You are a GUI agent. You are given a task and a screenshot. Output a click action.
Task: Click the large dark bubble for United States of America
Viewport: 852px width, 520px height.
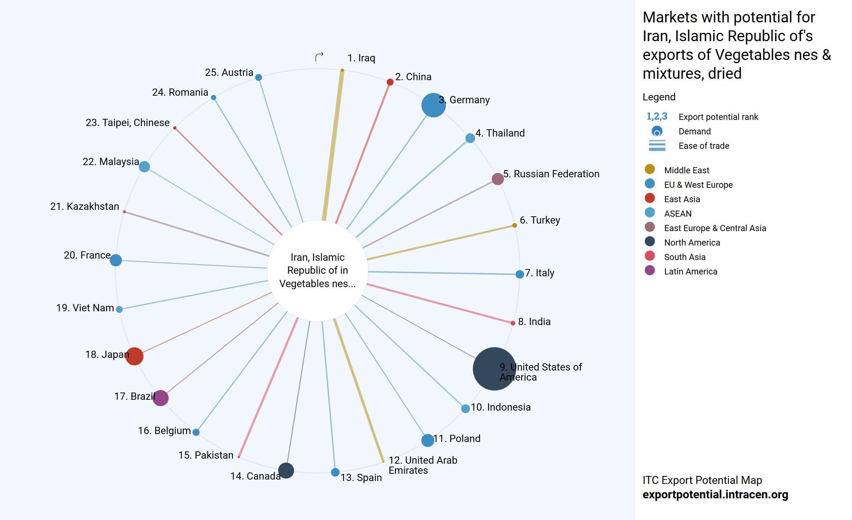(x=494, y=369)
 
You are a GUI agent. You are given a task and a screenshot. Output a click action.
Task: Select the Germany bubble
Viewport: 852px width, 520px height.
(x=433, y=105)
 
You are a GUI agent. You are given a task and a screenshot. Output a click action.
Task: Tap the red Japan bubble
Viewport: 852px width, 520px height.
(x=134, y=356)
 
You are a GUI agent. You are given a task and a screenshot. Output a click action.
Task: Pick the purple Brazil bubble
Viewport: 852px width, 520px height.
(x=161, y=398)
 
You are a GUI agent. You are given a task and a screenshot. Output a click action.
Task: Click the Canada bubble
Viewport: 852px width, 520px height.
(x=286, y=471)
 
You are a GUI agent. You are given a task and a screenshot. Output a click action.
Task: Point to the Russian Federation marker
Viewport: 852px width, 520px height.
(x=497, y=178)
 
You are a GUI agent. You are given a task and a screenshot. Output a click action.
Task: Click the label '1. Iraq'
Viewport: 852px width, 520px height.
(x=361, y=58)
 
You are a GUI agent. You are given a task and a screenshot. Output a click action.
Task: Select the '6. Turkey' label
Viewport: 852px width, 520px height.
(x=540, y=220)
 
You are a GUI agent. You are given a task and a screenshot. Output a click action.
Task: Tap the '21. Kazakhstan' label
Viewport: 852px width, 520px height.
(x=84, y=206)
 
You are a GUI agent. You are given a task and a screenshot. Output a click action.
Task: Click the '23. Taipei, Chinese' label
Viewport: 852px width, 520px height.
(x=127, y=123)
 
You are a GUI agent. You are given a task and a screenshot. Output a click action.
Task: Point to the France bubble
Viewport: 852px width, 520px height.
(x=116, y=260)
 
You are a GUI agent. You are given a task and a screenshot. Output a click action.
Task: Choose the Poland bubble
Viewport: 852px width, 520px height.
(x=427, y=440)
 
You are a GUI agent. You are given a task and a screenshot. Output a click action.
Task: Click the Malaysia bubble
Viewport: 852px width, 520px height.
(x=144, y=166)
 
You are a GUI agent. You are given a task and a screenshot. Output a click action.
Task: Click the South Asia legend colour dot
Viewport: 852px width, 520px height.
(x=649, y=256)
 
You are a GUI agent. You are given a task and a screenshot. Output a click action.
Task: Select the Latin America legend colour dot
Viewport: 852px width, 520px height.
(x=649, y=270)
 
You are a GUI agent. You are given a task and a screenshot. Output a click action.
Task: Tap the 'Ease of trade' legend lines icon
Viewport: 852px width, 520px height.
(x=657, y=146)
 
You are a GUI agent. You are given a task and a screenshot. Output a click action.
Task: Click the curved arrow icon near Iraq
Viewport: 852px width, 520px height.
(x=319, y=57)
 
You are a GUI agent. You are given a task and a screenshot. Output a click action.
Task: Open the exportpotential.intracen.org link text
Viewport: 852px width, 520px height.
(x=715, y=494)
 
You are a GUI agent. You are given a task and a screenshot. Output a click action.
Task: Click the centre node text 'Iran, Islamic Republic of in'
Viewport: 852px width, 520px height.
(x=317, y=264)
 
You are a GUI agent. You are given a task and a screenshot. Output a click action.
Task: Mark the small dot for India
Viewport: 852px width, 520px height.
(x=513, y=323)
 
